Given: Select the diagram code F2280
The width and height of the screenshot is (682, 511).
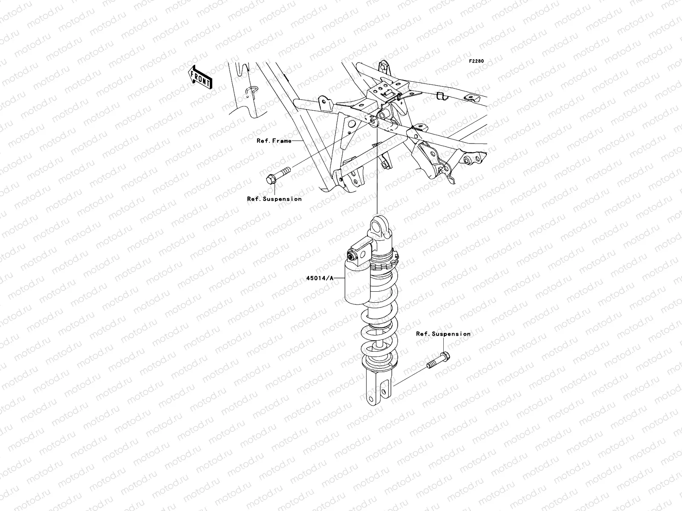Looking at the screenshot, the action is click(x=477, y=61).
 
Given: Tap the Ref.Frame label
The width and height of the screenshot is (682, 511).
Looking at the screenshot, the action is click(x=274, y=141).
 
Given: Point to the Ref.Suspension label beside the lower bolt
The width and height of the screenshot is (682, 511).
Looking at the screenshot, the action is click(x=443, y=334).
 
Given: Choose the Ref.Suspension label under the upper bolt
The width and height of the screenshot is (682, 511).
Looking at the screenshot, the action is click(x=274, y=199).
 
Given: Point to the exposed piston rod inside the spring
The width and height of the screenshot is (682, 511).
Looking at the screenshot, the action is click(x=379, y=343).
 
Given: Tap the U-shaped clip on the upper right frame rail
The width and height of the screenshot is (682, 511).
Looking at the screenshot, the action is click(x=442, y=96).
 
